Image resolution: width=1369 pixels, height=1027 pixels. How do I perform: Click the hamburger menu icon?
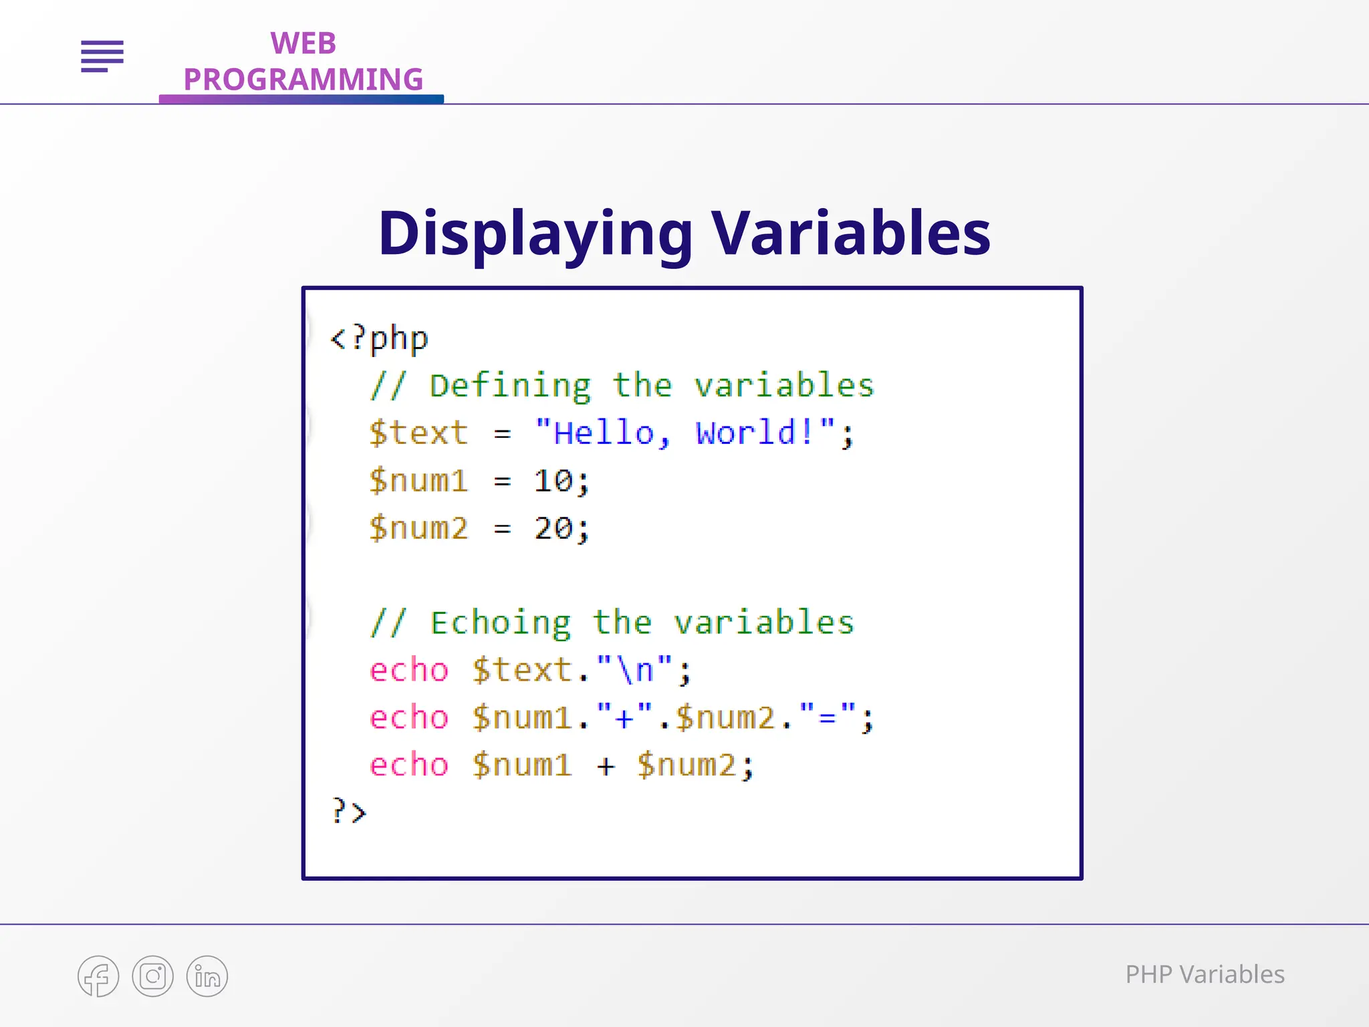tap(102, 56)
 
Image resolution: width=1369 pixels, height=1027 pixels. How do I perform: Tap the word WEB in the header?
tap(303, 44)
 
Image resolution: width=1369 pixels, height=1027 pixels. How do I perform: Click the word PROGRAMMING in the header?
tap(303, 80)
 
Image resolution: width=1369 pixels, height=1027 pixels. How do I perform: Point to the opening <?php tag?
tap(379, 338)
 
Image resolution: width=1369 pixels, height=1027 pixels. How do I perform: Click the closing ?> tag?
tap(349, 812)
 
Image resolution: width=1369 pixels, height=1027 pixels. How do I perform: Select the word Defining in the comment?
tap(510, 386)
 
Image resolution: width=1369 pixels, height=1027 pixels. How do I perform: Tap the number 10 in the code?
tap(553, 481)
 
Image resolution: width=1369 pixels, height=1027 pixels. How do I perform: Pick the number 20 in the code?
tap(553, 528)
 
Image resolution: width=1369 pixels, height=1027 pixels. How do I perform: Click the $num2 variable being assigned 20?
tap(418, 528)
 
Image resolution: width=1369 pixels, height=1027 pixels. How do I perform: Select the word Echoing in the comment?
tap(501, 623)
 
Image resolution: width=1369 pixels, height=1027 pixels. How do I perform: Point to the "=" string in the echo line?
tap(827, 717)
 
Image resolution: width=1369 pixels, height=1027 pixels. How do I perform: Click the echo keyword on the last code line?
tap(408, 765)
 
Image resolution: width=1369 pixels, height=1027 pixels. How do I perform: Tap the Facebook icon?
tap(98, 976)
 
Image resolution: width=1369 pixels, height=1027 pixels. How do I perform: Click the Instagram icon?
tap(152, 976)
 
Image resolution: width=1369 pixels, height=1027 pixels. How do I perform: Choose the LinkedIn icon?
tap(207, 976)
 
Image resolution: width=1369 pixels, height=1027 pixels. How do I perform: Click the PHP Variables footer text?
tap(1205, 975)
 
